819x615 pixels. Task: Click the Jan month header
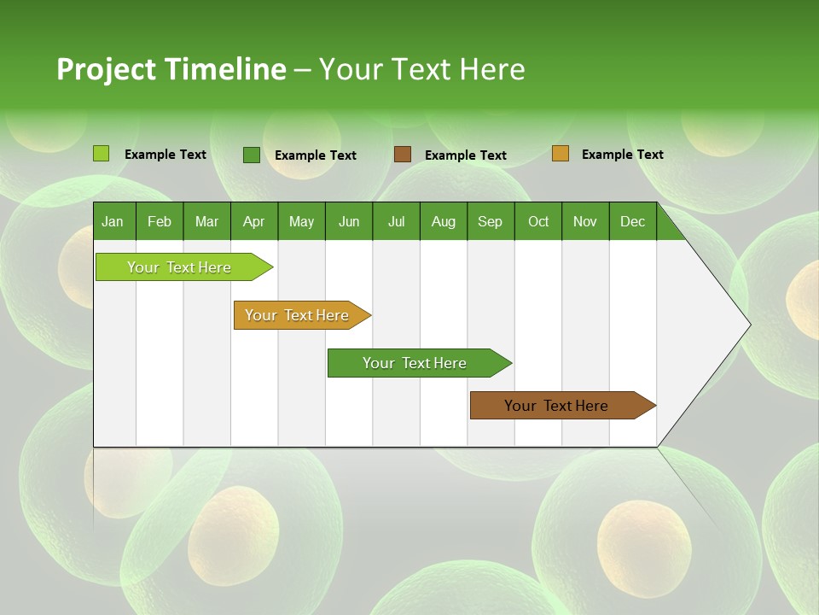coord(113,221)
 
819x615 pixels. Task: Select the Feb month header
coord(160,221)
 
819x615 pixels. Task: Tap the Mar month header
coord(206,221)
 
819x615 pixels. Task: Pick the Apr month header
coord(253,221)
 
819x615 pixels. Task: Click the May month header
coord(301,221)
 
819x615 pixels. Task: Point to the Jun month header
coord(349,221)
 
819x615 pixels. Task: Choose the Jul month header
coord(396,221)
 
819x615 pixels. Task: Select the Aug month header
coord(444,221)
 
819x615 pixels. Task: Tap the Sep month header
coord(491,221)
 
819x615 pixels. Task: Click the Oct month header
coord(538,221)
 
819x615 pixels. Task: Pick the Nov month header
coord(585,221)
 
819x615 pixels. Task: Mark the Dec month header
coord(633,221)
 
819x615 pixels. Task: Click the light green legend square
coord(102,154)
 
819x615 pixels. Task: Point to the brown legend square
coord(403,155)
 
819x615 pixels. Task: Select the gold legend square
coord(561,154)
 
